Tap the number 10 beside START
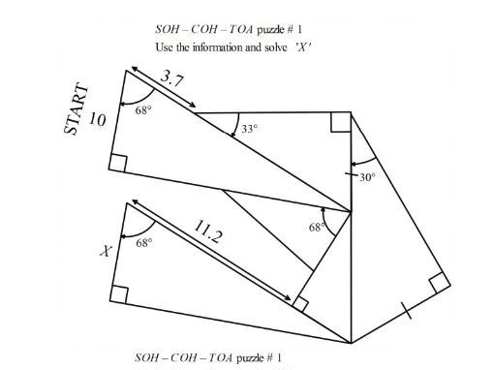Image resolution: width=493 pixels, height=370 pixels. pos(98,119)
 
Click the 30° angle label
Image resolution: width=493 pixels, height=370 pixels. pos(367,177)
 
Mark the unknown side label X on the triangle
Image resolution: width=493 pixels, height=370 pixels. pos(106,252)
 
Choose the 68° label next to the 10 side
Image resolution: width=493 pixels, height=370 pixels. pos(143,110)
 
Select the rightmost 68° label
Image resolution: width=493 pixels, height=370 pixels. pos(317,228)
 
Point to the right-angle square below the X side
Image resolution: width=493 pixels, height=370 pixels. pos(120,293)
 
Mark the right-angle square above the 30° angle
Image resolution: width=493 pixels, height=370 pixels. pos(339,122)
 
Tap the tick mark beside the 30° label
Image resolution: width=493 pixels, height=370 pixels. pos(351,174)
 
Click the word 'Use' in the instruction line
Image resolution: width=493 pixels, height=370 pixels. pos(163,46)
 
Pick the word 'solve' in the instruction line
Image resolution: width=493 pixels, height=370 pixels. pos(261,46)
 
